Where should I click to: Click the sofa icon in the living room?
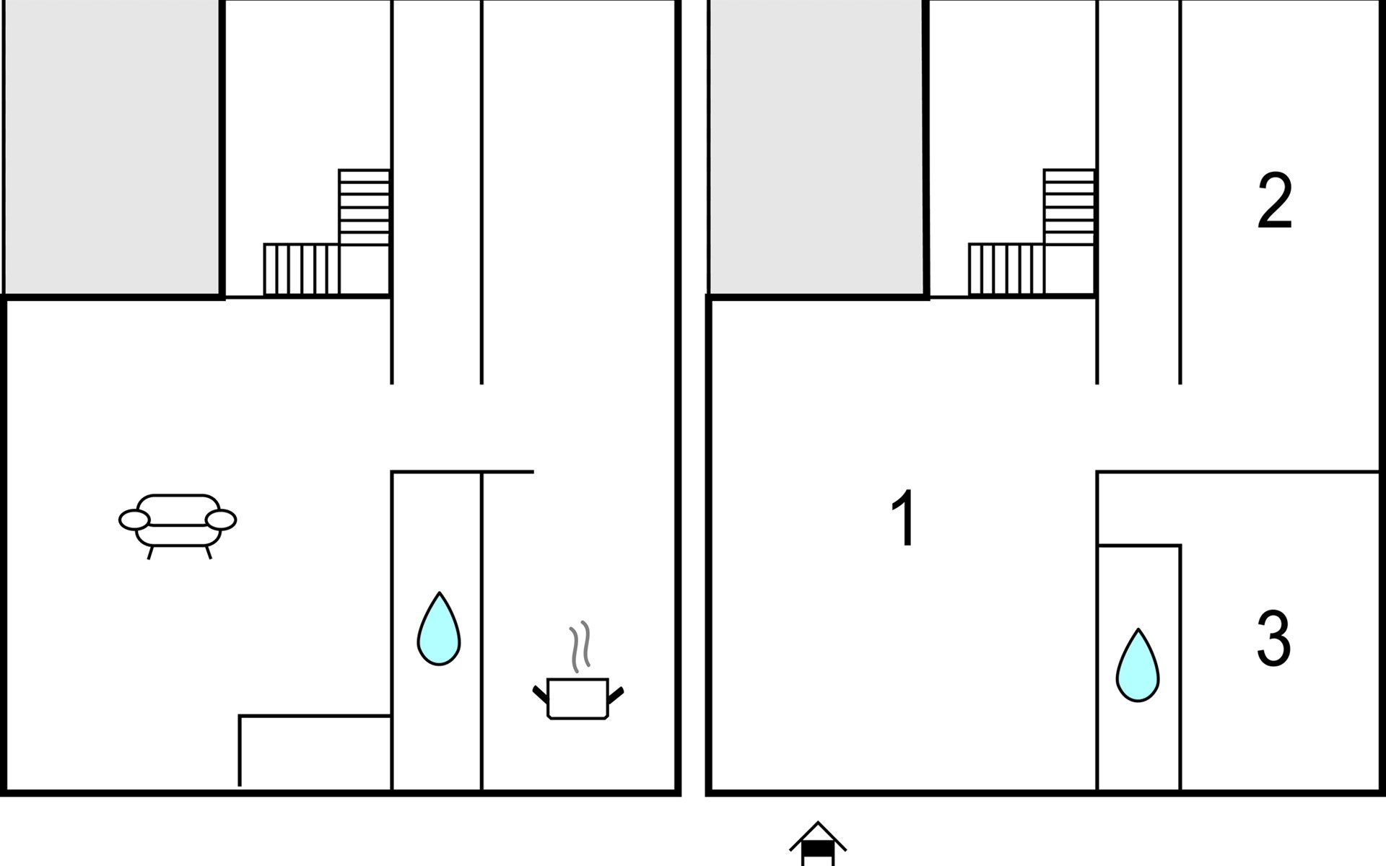(178, 526)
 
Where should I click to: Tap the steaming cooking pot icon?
(578, 671)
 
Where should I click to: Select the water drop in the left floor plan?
(438, 629)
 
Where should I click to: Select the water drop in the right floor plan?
(1138, 665)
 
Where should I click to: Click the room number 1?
(904, 518)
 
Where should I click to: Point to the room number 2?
(1274, 201)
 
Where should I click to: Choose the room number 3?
(1273, 639)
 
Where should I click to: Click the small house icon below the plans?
(818, 844)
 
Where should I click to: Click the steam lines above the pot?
(580, 646)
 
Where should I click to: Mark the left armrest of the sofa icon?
(134, 520)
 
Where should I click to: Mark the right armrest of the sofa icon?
(221, 520)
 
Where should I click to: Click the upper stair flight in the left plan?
(365, 207)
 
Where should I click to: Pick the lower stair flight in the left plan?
(301, 270)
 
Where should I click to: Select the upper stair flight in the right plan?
(1069, 207)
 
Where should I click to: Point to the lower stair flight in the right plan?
(1006, 270)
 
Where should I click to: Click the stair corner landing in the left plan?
(365, 270)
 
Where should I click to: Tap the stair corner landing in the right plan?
(1069, 270)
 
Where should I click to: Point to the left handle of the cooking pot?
(541, 695)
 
